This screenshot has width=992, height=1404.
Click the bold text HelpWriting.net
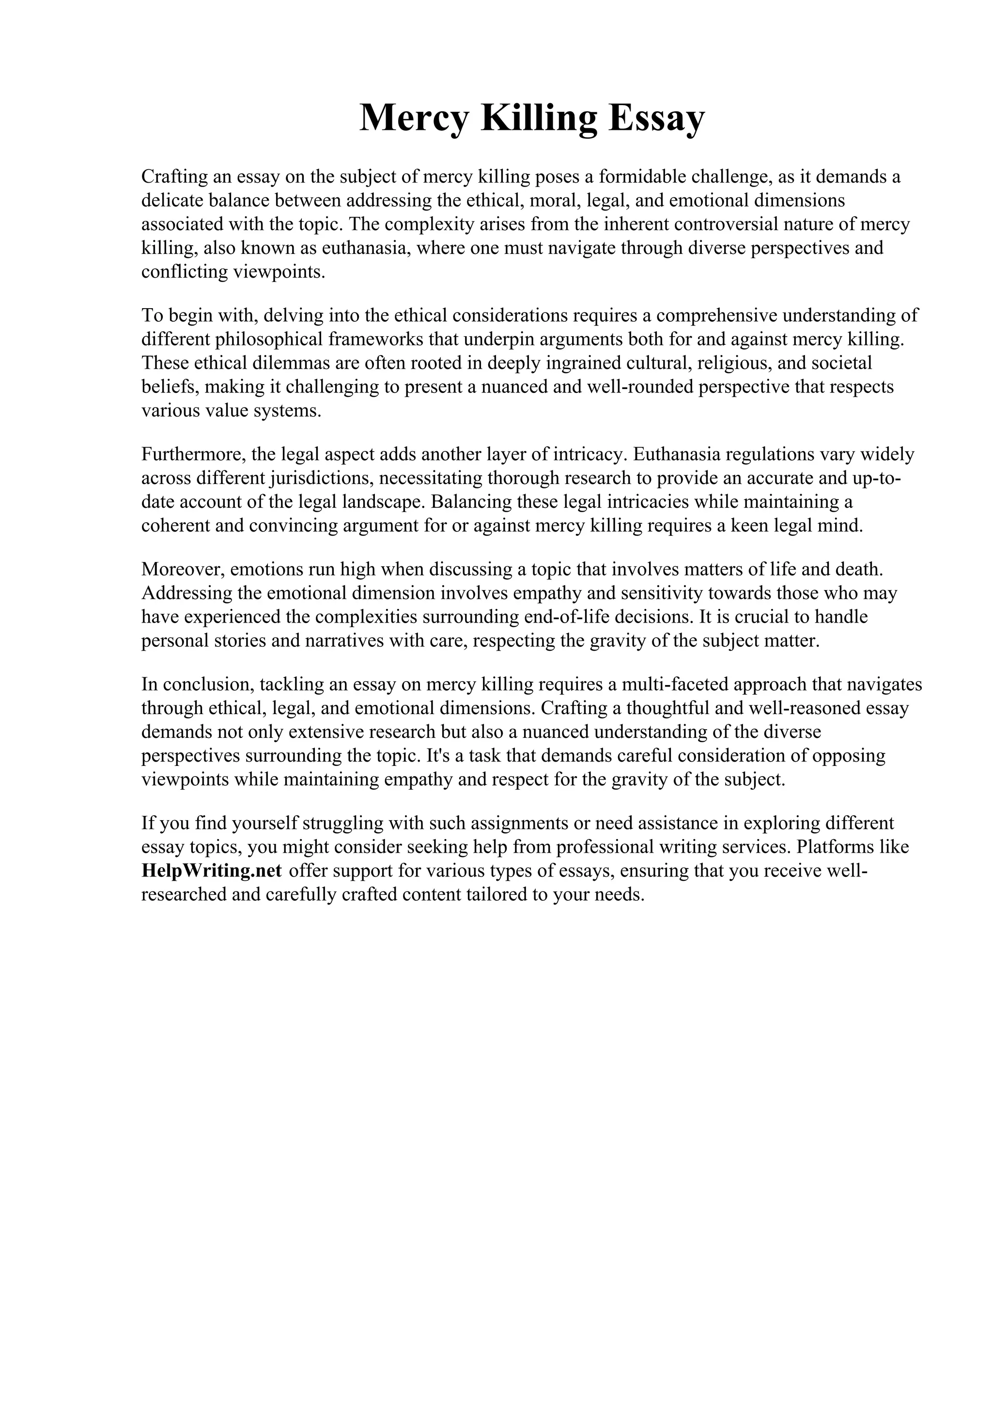point(212,871)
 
